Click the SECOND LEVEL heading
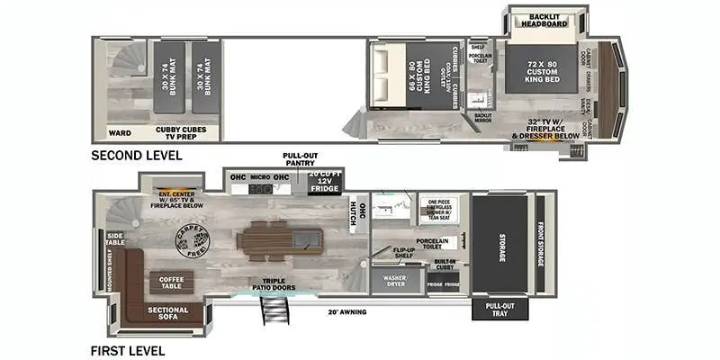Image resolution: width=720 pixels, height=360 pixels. (136, 155)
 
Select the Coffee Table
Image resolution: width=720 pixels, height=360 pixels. (171, 282)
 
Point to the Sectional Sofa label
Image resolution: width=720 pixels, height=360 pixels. (168, 312)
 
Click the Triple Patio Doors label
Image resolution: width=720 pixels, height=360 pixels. (269, 284)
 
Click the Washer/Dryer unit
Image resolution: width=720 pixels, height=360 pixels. (395, 280)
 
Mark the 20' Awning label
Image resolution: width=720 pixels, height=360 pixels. (346, 311)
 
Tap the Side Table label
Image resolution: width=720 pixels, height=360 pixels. (114, 238)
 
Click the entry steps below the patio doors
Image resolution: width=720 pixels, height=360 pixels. (269, 312)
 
